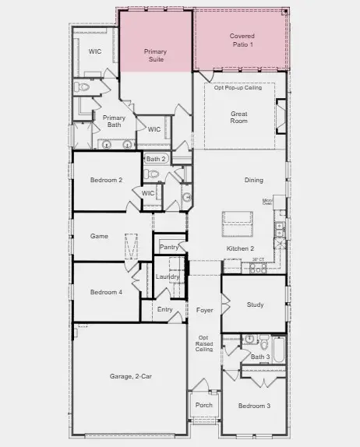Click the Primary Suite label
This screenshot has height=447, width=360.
coord(155,55)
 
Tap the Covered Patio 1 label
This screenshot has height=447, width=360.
coord(242,40)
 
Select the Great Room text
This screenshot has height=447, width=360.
coord(238,118)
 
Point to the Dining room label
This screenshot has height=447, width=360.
coord(254,180)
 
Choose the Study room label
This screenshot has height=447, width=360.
coord(255,304)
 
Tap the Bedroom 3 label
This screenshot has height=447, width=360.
coord(253,406)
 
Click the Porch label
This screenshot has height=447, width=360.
coord(203,405)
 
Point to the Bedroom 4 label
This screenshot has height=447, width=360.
coord(106,292)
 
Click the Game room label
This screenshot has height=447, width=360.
coord(99,236)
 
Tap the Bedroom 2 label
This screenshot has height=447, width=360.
coord(106,180)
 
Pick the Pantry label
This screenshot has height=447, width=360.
coord(169,247)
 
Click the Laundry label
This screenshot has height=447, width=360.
coord(168,276)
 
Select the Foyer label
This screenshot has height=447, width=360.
coord(204,309)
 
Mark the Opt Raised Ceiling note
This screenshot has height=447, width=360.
coord(204,343)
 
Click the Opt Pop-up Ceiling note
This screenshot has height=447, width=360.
coord(238,88)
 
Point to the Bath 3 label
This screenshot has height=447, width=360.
coord(259,357)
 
